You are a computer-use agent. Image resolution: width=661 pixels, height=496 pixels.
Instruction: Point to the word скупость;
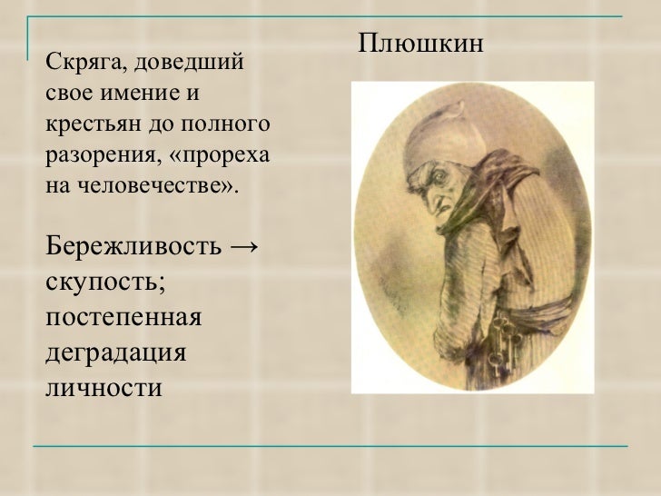click(x=105, y=283)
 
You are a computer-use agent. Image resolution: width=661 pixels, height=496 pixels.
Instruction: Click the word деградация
click(x=114, y=352)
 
